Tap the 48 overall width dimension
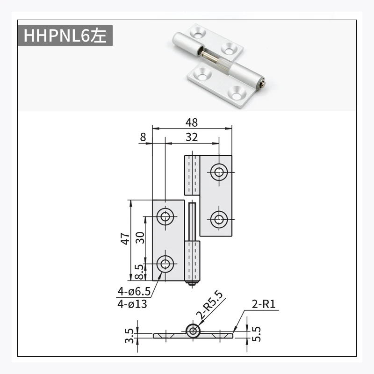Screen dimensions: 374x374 pos(191,122)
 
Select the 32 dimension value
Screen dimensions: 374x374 pos(191,137)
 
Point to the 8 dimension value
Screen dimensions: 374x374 pos(143,137)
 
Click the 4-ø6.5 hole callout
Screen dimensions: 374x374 pos(134,292)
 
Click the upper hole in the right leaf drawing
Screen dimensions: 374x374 pos(218,172)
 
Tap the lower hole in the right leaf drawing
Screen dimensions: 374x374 pos(218,219)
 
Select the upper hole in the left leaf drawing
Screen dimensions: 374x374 pos(165,216)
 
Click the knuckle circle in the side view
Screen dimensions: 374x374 pos(193,331)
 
